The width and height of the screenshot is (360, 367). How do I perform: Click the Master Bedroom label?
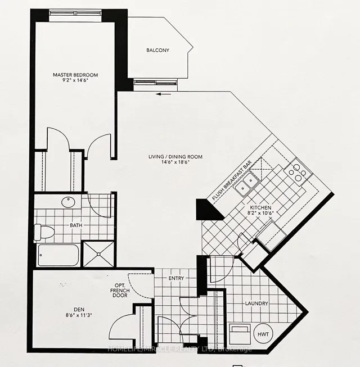75,75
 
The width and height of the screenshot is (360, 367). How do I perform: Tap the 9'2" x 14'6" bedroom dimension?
75,81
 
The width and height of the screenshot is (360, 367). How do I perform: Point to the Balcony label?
157,50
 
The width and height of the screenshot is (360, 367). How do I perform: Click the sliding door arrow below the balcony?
164,94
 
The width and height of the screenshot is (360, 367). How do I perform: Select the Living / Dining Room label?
175,157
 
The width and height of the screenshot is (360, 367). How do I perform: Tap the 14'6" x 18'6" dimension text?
175,162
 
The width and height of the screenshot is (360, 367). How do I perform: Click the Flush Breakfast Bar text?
232,180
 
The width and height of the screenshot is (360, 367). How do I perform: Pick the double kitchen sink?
247,184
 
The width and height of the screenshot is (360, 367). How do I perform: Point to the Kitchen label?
260,207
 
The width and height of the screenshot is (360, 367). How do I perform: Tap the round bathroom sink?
68,202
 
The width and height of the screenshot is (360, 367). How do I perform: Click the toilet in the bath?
44,232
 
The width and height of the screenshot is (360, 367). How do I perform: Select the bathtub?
58,255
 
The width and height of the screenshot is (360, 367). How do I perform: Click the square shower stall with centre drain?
98,254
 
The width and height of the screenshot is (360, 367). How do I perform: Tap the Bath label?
76,225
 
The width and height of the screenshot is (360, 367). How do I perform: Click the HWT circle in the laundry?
263,334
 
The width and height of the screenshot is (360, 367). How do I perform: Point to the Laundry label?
256,303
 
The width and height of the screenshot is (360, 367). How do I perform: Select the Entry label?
176,278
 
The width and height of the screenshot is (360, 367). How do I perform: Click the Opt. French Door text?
120,291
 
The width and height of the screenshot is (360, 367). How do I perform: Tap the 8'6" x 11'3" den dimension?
79,315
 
